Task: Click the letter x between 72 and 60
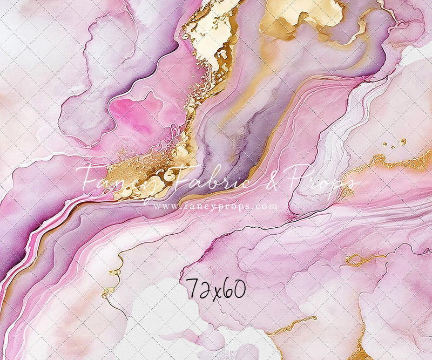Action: (217, 291)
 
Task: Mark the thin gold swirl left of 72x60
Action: (111, 281)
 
